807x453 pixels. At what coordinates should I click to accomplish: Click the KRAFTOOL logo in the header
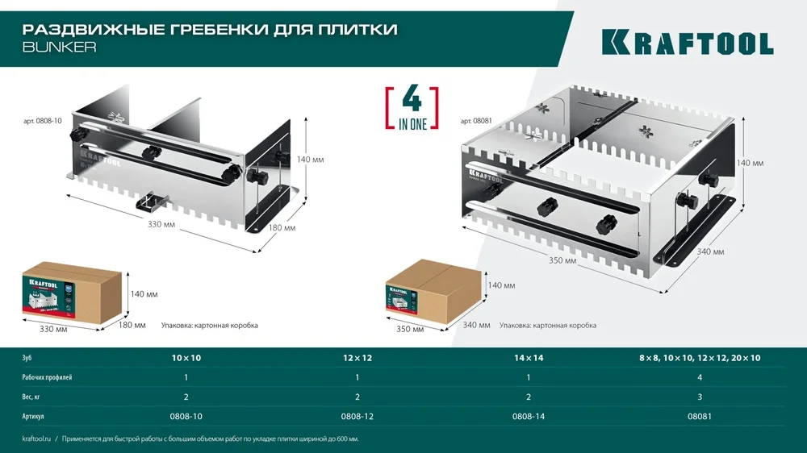pyautogui.click(x=687, y=42)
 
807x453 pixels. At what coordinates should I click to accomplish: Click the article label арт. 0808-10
pyautogui.click(x=41, y=120)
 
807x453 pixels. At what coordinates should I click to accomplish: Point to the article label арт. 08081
pyautogui.click(x=476, y=120)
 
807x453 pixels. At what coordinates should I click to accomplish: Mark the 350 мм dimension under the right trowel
pyautogui.click(x=564, y=261)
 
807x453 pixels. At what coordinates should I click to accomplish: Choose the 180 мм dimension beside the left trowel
pyautogui.click(x=282, y=228)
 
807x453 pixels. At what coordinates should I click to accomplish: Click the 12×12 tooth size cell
pyautogui.click(x=358, y=356)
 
